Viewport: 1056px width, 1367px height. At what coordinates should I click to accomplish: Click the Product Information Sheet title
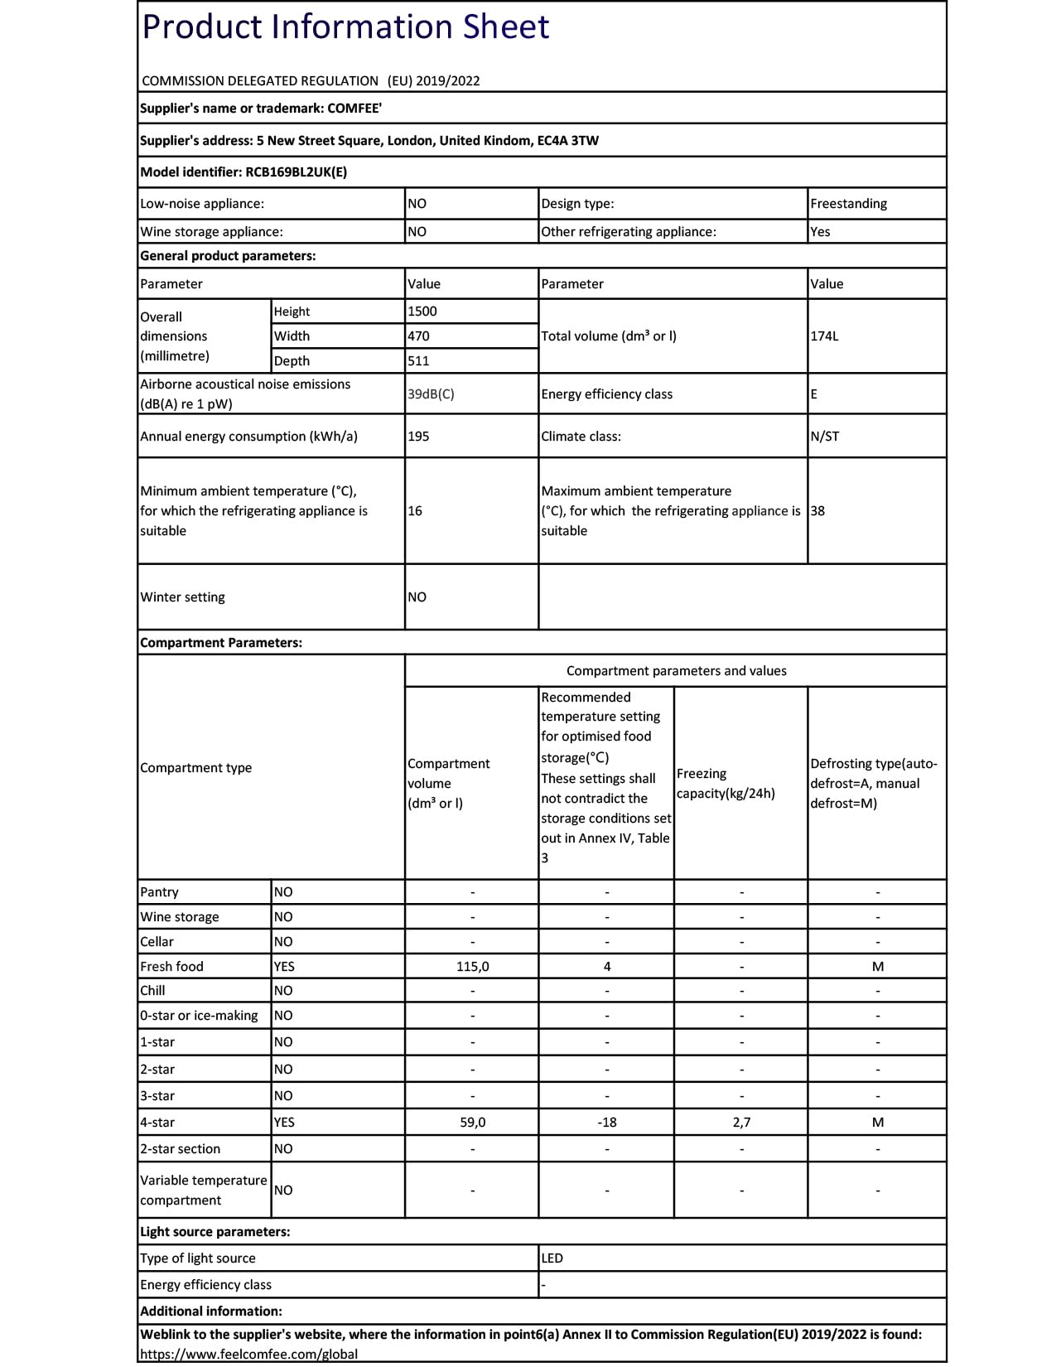345,27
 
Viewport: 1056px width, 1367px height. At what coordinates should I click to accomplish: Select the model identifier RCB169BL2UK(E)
297,172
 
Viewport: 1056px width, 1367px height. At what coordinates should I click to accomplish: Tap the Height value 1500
422,312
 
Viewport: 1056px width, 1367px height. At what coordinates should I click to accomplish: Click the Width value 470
419,336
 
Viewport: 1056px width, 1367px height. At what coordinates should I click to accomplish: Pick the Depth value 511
419,361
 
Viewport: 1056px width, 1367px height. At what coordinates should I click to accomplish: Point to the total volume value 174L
825,336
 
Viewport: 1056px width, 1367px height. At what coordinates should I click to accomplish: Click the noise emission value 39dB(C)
431,394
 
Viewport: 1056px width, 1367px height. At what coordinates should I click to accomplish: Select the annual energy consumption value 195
419,437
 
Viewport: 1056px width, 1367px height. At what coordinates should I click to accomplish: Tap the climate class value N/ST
825,437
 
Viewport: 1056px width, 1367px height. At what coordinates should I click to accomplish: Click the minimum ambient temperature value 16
415,511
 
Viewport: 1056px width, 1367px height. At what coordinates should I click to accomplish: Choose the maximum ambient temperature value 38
818,511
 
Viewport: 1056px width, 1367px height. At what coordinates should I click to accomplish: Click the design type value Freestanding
848,204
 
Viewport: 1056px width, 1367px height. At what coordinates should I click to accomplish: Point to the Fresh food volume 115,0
472,967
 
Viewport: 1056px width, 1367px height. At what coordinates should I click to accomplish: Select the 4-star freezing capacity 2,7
741,1123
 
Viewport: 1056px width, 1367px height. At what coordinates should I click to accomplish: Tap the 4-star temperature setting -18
607,1123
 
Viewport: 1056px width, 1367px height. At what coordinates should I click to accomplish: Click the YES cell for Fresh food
284,967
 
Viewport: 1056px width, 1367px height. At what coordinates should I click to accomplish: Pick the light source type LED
552,1258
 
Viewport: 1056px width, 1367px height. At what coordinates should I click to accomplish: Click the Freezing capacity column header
726,784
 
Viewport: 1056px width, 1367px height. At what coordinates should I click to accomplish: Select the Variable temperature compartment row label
204,1191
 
